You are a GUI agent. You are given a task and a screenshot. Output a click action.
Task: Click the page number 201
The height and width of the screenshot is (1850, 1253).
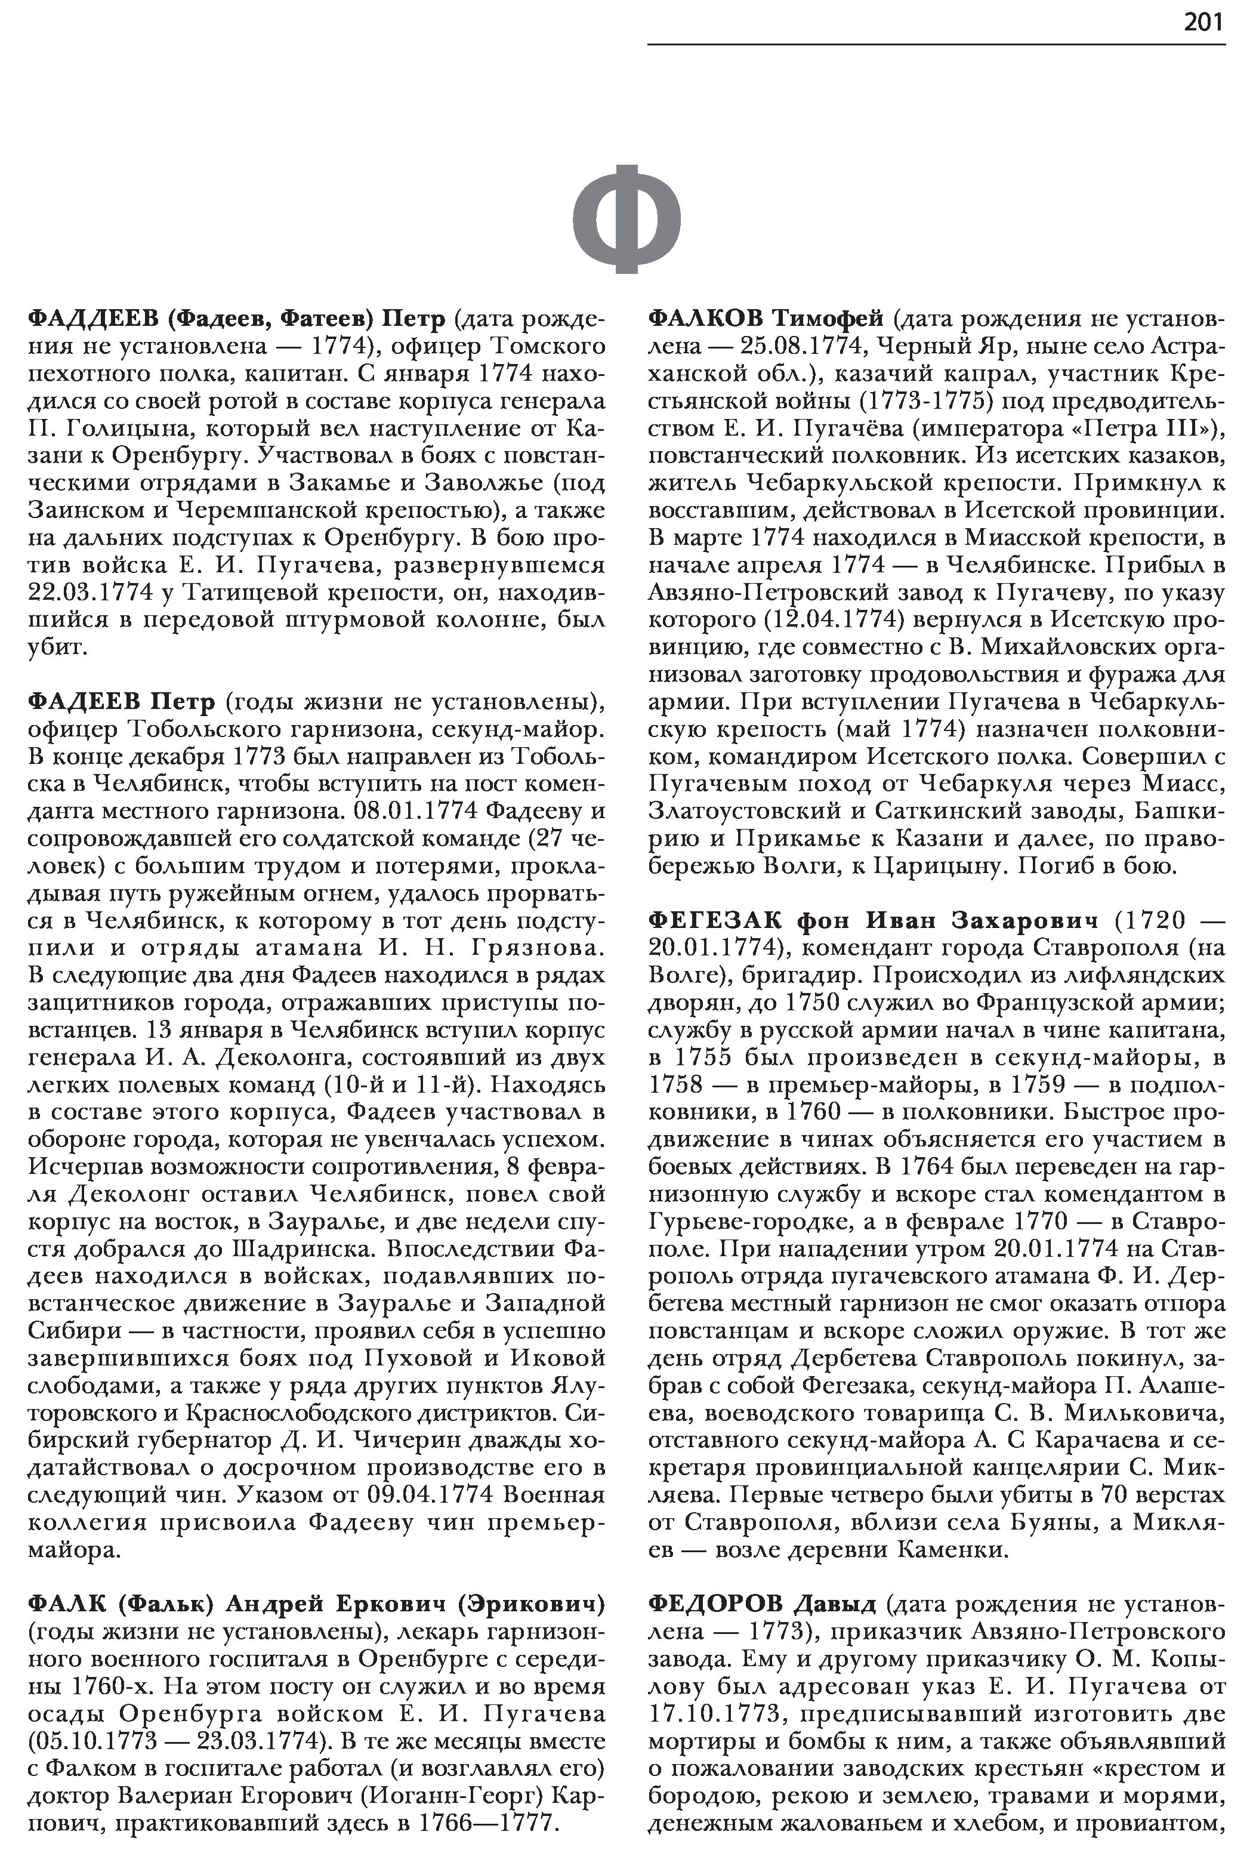click(1203, 22)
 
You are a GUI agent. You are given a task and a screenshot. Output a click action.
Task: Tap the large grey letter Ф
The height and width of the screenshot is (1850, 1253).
click(627, 219)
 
